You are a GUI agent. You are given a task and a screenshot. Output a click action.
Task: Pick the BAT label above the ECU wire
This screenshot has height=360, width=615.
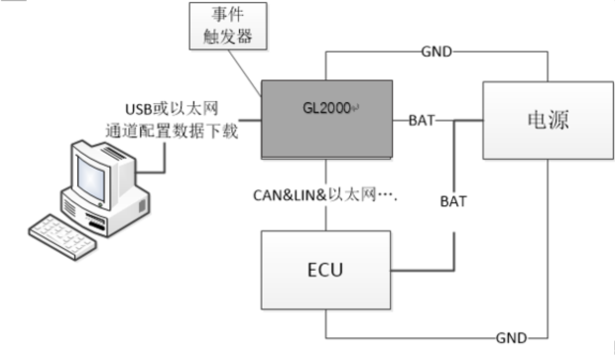[454, 199]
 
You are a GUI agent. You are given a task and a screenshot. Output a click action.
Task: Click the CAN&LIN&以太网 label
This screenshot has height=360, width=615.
[323, 195]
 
